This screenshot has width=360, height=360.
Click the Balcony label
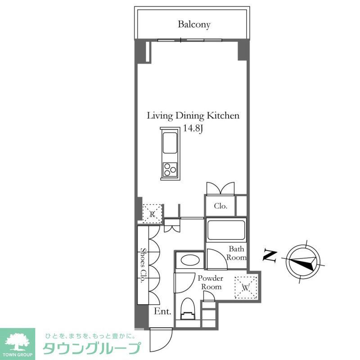tap(194, 24)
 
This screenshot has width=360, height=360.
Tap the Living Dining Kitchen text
tap(193, 116)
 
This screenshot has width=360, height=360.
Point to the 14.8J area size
tap(193, 129)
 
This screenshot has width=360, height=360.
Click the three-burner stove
tap(170, 169)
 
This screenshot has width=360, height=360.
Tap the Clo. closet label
tap(220, 207)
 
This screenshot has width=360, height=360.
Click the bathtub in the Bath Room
tap(226, 230)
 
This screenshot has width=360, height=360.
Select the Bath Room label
tap(237, 253)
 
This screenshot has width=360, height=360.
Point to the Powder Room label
tap(211, 283)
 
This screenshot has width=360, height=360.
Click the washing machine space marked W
tap(246, 287)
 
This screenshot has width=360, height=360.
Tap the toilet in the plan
tap(188, 310)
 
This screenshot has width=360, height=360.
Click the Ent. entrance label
tap(162, 311)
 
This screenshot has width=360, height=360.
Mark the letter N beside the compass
tap(270, 256)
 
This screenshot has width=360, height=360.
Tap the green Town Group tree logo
tap(17, 342)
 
